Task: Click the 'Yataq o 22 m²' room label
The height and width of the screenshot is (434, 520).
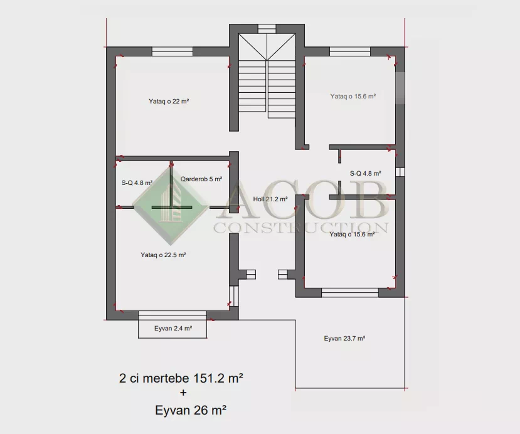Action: coord(169,101)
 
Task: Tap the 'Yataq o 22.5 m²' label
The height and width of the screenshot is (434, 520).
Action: coord(163,255)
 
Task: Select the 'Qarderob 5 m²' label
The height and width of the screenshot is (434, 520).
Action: coord(201,179)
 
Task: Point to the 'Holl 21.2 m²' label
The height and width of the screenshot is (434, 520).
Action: coord(270,199)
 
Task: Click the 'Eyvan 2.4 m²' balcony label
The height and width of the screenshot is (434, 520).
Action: coord(173,328)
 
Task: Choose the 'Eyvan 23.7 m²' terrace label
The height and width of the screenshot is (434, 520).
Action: coord(344,338)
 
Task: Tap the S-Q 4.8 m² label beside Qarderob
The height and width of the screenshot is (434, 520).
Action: coord(137,183)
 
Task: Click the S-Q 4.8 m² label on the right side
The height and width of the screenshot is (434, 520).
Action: coord(366,173)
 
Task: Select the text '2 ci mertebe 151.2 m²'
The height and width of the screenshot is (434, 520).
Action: coord(181,378)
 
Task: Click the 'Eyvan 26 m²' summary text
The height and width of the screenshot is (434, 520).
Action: coord(191,410)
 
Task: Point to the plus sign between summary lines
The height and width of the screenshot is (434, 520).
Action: coord(183,393)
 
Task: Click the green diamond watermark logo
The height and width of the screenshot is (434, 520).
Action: coord(171,206)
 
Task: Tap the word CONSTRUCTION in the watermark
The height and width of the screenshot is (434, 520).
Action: coord(301,228)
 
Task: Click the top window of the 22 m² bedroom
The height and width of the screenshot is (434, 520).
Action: coord(172,51)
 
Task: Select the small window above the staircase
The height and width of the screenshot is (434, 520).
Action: coord(267,28)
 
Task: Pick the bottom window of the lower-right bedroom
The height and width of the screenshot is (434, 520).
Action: coord(350,293)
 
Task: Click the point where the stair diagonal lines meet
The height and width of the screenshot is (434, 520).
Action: coord(267,60)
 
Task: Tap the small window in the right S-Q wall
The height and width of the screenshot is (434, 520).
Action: coord(400,172)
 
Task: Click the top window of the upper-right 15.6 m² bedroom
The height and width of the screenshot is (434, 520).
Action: coord(350,51)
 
